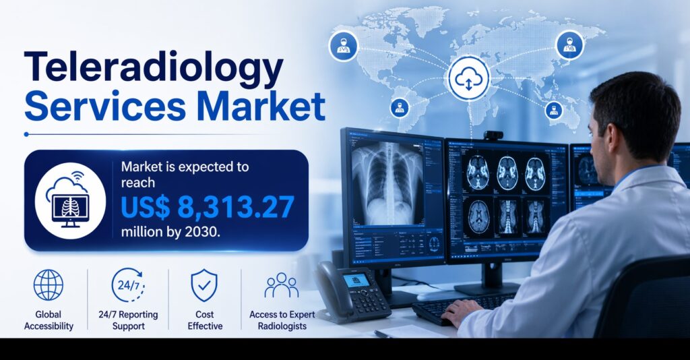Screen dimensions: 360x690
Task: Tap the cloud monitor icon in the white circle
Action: pos(71,197)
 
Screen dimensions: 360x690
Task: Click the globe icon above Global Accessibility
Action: pos(49,284)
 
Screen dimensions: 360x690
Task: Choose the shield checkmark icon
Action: pos(204,284)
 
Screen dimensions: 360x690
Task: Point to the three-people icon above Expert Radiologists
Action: pos(281,285)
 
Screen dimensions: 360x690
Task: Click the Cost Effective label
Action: pos(204,320)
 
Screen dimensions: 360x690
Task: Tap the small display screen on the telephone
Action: pos(355,279)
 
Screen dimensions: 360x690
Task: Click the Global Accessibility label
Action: pos(49,320)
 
